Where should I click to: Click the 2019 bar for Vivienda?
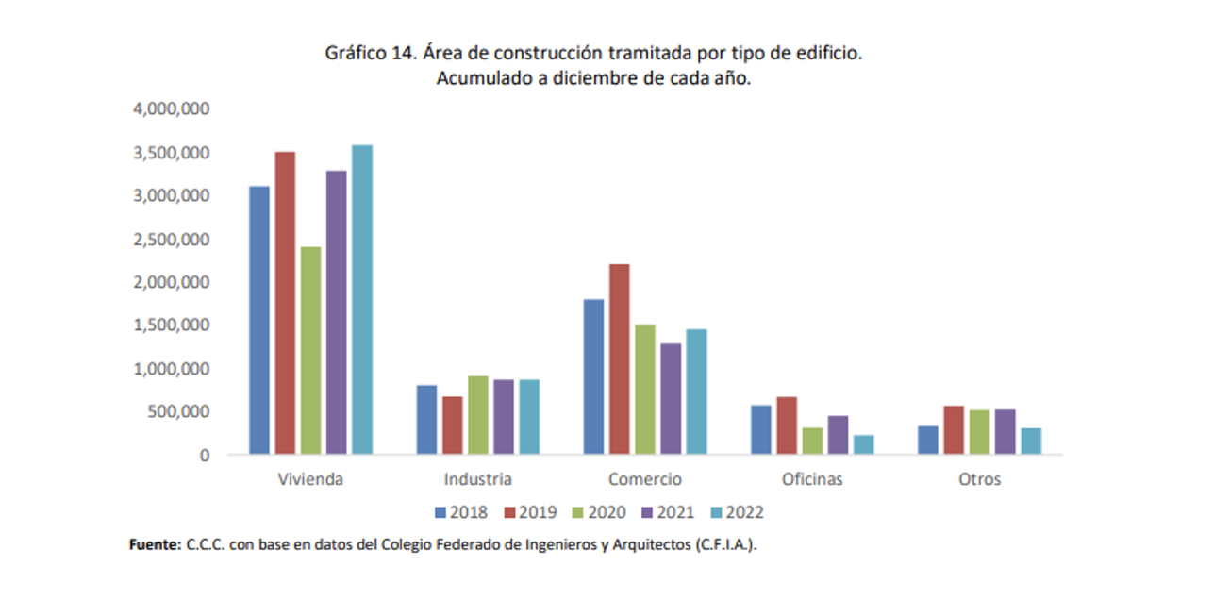(285, 303)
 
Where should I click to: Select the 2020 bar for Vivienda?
(310, 350)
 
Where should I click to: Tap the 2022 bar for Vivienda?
(361, 299)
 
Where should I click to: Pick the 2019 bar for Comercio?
(619, 358)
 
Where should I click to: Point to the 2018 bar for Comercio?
(593, 376)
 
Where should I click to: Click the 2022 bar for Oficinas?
(863, 444)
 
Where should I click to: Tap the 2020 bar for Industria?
(477, 415)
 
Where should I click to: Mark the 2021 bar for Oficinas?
(838, 435)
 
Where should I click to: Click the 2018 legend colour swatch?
(440, 513)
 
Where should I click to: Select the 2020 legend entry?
(596, 513)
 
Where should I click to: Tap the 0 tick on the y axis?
(204, 455)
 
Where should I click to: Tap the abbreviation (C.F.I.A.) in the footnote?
(724, 545)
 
